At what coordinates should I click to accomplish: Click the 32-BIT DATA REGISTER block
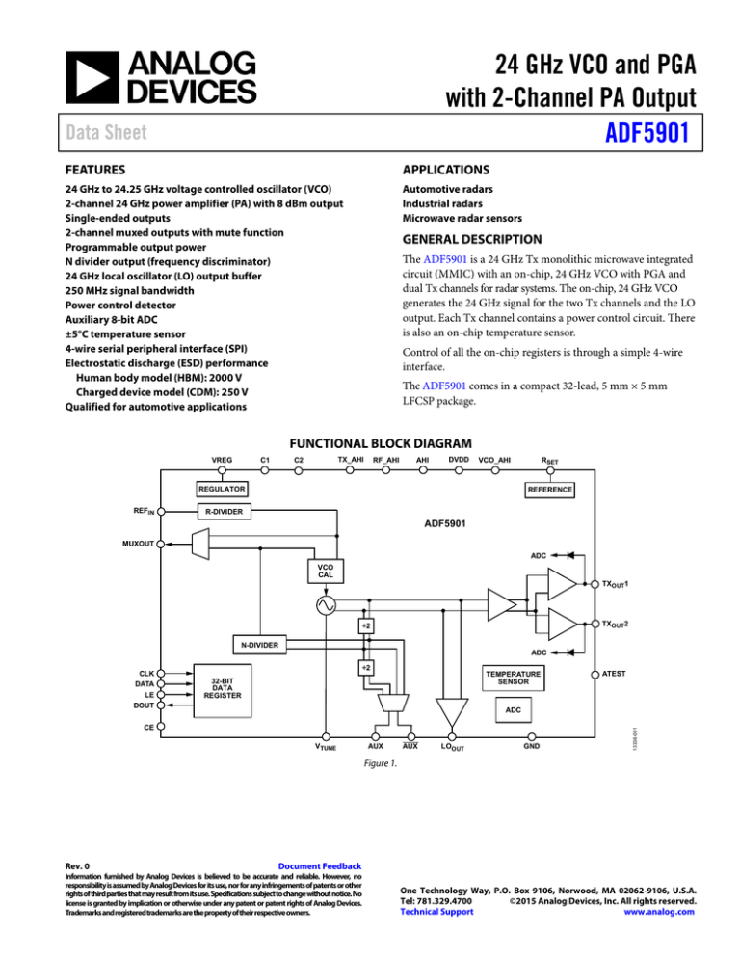pos(223,686)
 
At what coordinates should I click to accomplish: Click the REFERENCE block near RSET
pos(549,490)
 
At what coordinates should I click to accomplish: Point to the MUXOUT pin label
pos(136,543)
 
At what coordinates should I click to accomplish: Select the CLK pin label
pos(146,672)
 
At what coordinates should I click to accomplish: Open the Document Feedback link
pos(319,866)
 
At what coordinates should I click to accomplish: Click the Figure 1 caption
pos(369,767)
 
